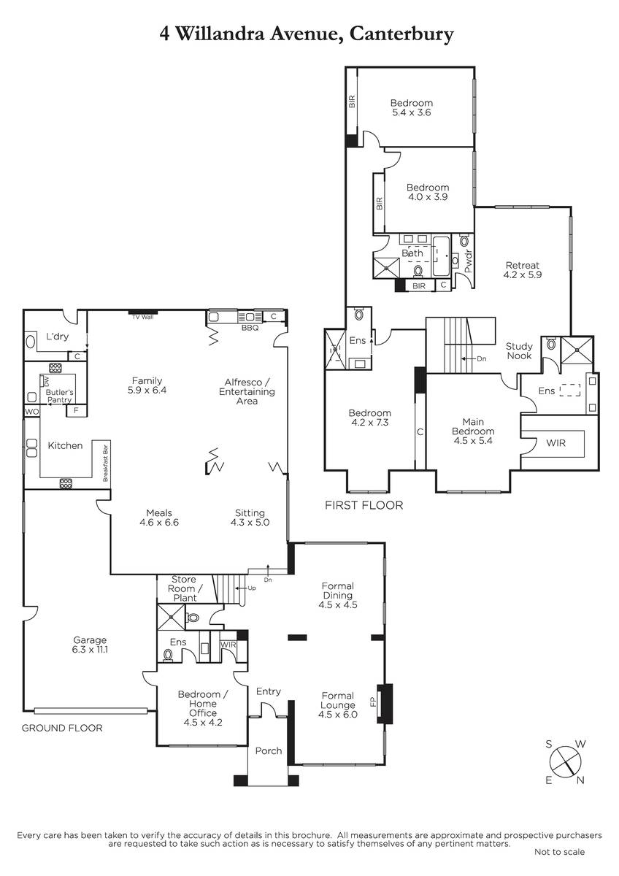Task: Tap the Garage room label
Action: [91, 645]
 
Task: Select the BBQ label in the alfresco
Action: [250, 328]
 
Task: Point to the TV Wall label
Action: [143, 317]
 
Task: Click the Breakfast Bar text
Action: [105, 463]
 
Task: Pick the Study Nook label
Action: [519, 351]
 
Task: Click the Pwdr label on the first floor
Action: [468, 261]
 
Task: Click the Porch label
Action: [268, 751]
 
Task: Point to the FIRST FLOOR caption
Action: [364, 505]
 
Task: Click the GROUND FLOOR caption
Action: [62, 728]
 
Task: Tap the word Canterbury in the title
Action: [401, 34]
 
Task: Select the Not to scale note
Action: [559, 852]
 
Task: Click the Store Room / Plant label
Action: [185, 588]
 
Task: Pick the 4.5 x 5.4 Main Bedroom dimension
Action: [473, 441]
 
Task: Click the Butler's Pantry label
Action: [59, 396]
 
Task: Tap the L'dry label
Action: [58, 337]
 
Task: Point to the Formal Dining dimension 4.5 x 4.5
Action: [338, 604]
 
